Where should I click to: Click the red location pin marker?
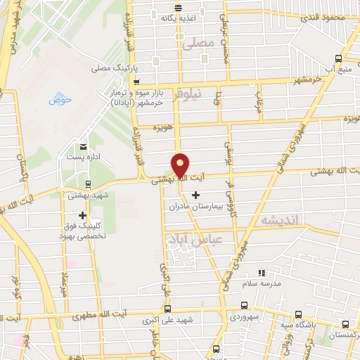coord(181,165)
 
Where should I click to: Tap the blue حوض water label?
coord(60,100)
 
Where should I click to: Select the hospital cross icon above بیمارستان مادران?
coord(195,194)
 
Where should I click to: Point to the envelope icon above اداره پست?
coord(83,146)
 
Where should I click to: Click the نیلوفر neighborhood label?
coord(191,91)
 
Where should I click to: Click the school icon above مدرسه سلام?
coord(262,273)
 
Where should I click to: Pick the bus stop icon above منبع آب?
coord(338,58)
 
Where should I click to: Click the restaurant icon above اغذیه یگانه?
coord(178,7)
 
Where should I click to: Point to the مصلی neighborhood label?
coord(197,43)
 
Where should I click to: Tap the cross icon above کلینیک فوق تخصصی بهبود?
coord(83,215)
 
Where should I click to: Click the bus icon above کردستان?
coord(345,324)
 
